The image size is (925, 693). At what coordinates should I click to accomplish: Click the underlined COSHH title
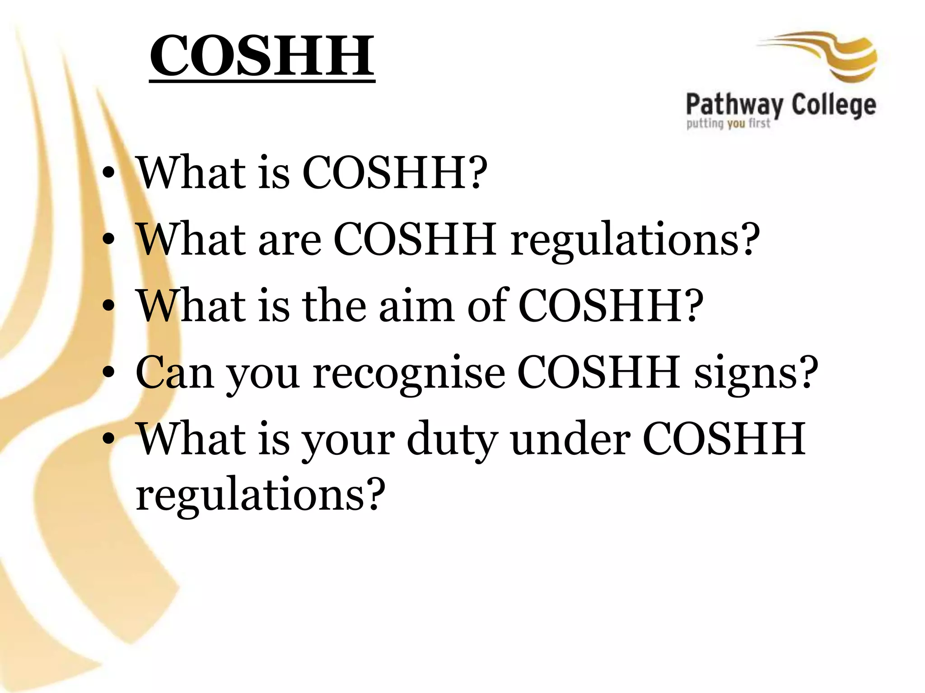262,56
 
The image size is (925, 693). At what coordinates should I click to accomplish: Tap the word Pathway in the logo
734,105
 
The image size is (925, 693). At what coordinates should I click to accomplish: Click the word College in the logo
834,105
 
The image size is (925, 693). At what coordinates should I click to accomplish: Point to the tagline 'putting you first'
728,123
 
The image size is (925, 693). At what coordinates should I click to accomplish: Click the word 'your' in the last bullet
348,439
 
